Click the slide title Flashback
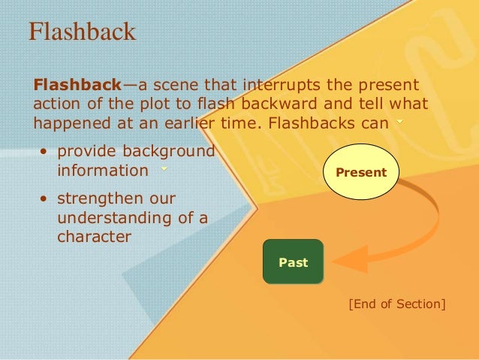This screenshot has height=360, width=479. tap(82, 32)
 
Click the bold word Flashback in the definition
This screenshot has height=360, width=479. tap(72, 83)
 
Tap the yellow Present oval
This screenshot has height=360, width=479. tap(361, 172)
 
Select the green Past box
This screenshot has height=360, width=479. tap(293, 262)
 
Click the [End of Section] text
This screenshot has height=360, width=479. tap(397, 304)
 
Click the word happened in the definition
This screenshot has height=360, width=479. tap(67, 123)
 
